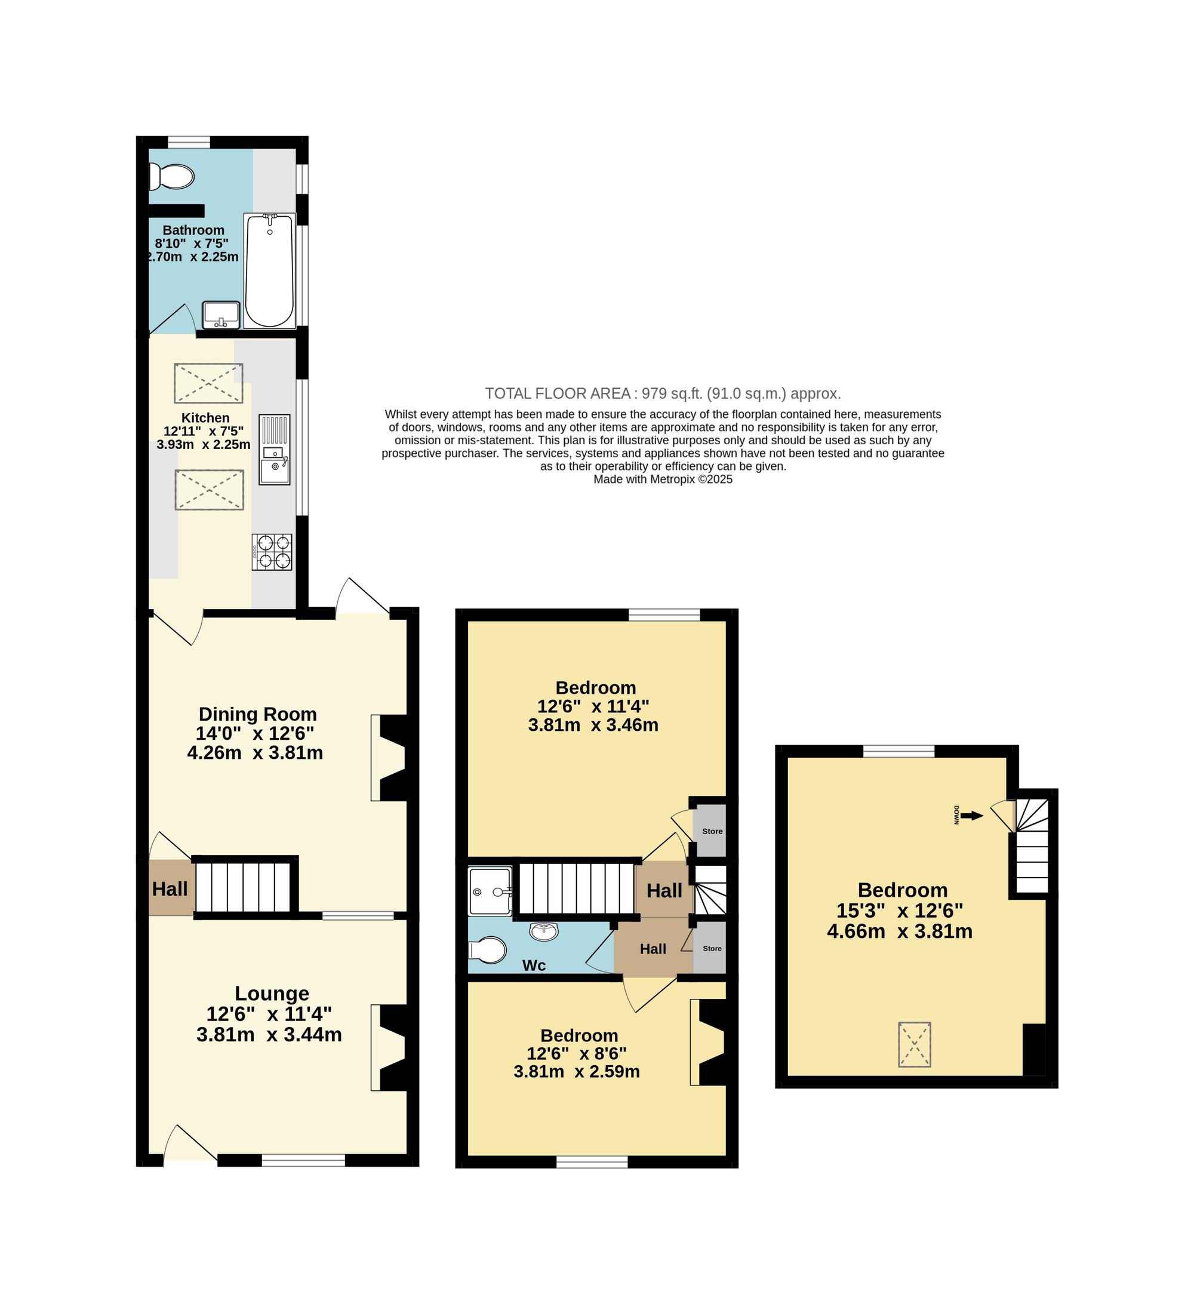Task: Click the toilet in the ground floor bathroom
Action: [x=171, y=177]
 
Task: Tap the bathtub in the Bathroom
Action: [x=270, y=270]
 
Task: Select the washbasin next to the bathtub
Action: [x=221, y=315]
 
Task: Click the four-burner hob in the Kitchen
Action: [x=272, y=552]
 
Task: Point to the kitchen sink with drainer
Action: [x=275, y=450]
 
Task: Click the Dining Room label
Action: [x=257, y=714]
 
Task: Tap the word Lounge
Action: [x=272, y=994]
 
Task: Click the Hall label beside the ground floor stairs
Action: [x=170, y=888]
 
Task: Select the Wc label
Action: [x=534, y=965]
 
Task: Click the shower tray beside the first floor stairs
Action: [x=490, y=891]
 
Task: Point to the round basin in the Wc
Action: [x=544, y=931]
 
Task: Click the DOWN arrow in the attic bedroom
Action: [x=971, y=816]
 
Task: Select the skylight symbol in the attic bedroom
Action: [x=915, y=1044]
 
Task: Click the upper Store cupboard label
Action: [x=712, y=831]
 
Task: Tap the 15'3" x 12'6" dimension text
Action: [x=900, y=911]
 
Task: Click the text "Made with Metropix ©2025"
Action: [x=663, y=479]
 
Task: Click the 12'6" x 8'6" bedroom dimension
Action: [x=577, y=1053]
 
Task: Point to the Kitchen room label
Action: [x=205, y=418]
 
